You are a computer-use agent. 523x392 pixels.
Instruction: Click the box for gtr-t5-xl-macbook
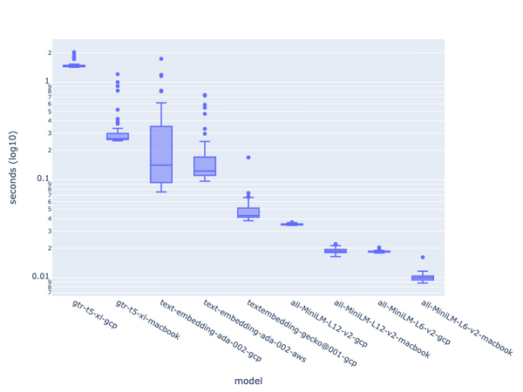[118, 136]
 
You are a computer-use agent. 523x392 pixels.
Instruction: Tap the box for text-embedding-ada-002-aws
[205, 166]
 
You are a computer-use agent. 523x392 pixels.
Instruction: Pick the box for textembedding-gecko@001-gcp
[248, 213]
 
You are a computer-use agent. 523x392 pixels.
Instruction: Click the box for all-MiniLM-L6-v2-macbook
[423, 278]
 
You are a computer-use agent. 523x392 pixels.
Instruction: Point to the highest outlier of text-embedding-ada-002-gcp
[161, 59]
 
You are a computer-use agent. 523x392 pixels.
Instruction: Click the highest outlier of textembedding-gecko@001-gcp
[248, 158]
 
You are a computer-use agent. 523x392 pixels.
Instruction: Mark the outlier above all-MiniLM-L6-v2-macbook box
[423, 258]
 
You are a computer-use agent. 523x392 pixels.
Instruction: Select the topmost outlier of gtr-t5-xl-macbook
[118, 75]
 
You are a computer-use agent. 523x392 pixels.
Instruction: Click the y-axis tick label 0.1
[46, 179]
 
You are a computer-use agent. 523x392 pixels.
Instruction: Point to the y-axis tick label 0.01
[44, 277]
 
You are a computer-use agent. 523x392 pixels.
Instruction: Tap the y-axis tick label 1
[50, 81]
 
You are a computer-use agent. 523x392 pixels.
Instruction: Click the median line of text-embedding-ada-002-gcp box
[161, 165]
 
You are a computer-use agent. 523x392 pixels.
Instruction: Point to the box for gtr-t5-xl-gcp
[74, 65]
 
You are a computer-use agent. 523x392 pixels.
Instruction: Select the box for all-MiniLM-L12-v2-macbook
[336, 251]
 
